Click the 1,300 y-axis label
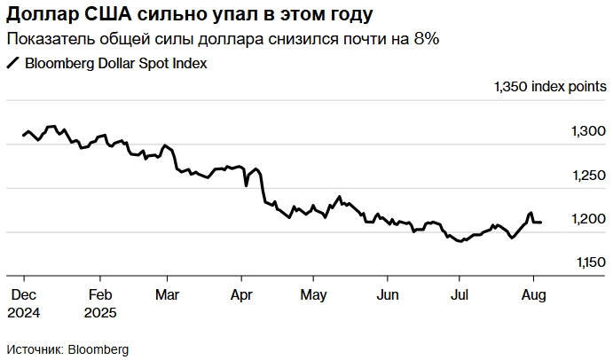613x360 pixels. point(588,131)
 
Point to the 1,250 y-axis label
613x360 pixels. point(588,176)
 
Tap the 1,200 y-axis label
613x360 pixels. point(588,219)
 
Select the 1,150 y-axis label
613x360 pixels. point(588,262)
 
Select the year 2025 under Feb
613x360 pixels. point(100,312)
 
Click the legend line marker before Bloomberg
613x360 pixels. point(12,64)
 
